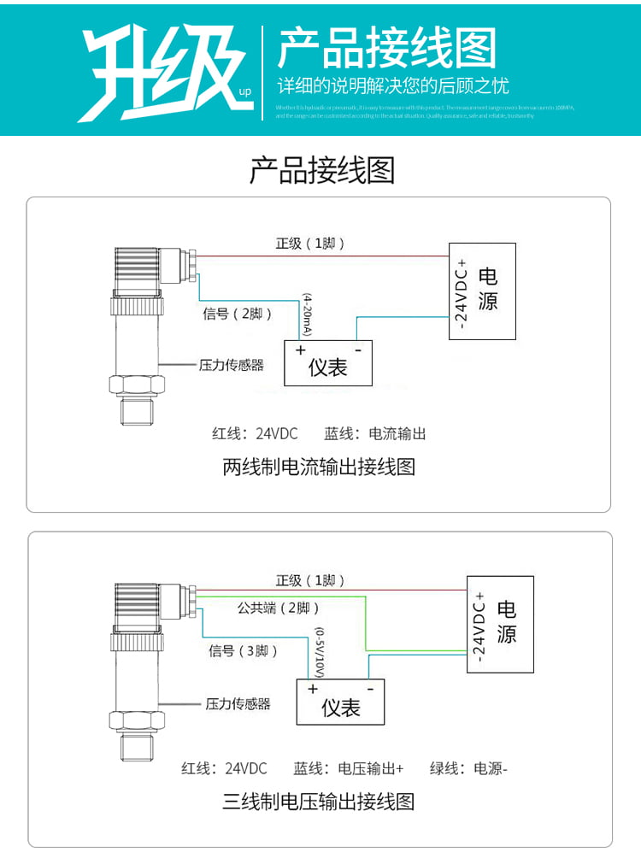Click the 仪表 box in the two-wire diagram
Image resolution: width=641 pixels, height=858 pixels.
[x=328, y=363]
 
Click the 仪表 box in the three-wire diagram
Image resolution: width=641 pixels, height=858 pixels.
[x=340, y=702]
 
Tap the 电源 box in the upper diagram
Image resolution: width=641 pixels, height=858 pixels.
[x=483, y=291]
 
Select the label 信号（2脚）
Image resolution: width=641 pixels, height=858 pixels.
[x=238, y=314]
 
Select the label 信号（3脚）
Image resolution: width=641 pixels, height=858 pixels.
[x=244, y=651]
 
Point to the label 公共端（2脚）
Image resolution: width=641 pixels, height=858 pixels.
[x=279, y=608]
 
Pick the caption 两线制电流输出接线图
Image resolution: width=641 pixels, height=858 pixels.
[x=319, y=467]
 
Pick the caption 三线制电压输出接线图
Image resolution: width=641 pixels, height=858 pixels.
[x=319, y=802]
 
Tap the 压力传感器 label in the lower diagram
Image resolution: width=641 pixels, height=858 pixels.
[x=238, y=704]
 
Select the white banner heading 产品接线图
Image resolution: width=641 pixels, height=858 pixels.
[x=386, y=48]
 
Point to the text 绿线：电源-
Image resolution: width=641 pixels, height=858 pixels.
[x=468, y=768]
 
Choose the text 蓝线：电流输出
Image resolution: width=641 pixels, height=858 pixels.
[x=374, y=433]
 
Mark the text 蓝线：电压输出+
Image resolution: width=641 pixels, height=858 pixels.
[x=348, y=768]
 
